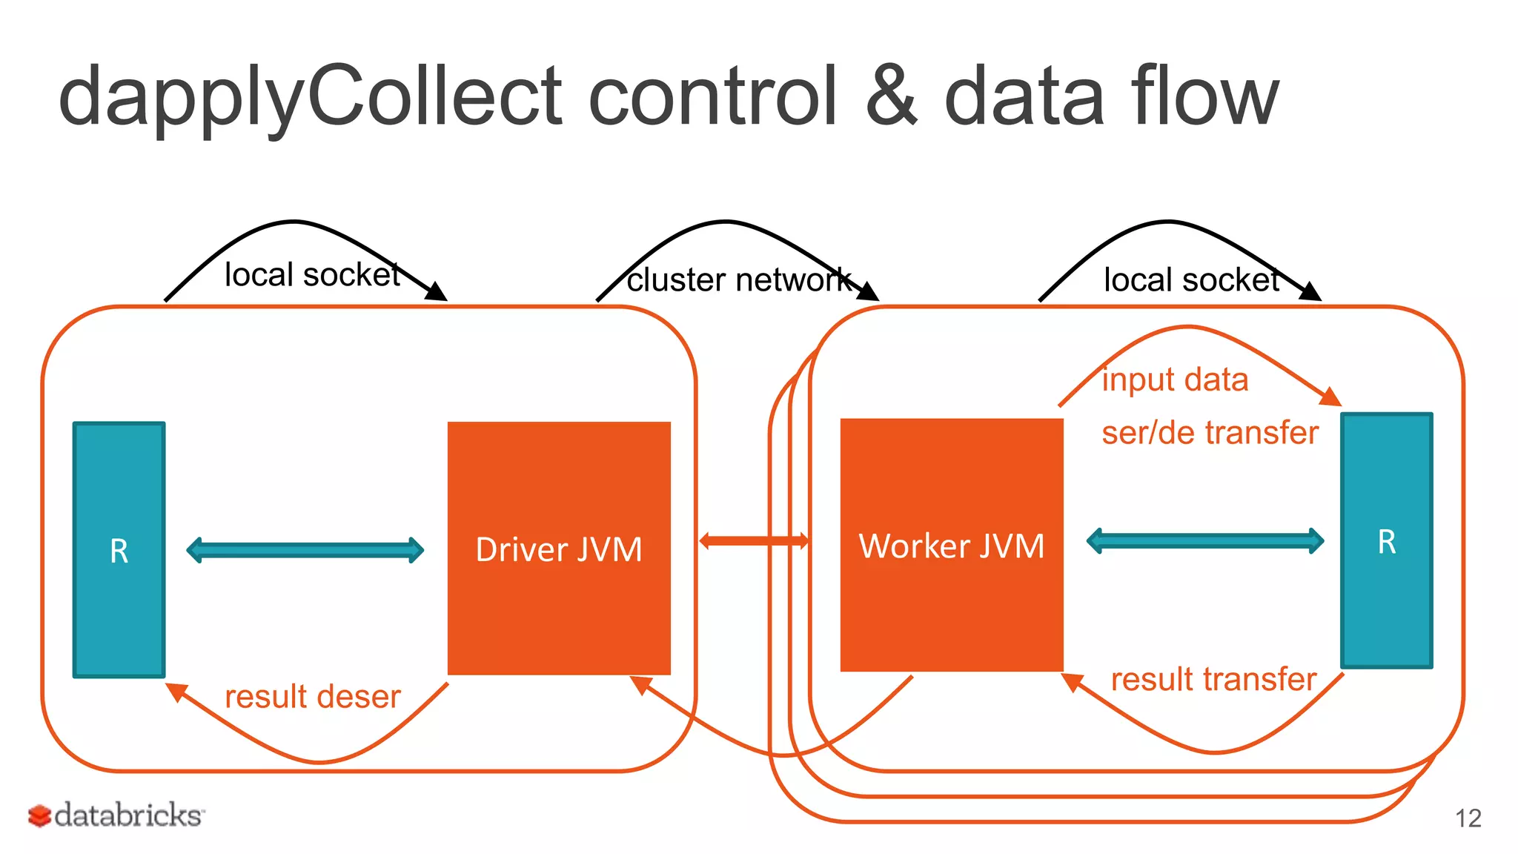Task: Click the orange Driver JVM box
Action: pos(559,549)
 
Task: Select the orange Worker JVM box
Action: pos(952,546)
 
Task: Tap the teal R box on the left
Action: pos(119,550)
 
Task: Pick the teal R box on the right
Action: pos(1386,541)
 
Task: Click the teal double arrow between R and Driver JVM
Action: pos(305,550)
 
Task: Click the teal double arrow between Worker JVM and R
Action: pos(1204,540)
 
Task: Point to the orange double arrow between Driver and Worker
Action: pos(754,540)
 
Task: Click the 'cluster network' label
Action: pos(738,280)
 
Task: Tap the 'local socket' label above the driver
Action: pos(312,275)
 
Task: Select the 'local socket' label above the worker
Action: pos(1191,280)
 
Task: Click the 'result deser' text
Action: pos(312,697)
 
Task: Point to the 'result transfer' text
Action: pos(1213,679)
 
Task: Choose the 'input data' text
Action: pos(1175,380)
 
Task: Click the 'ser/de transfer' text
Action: pos(1210,433)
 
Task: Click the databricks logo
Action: pos(116,815)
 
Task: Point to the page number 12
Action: pos(1468,818)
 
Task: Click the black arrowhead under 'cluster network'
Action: pos(868,291)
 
